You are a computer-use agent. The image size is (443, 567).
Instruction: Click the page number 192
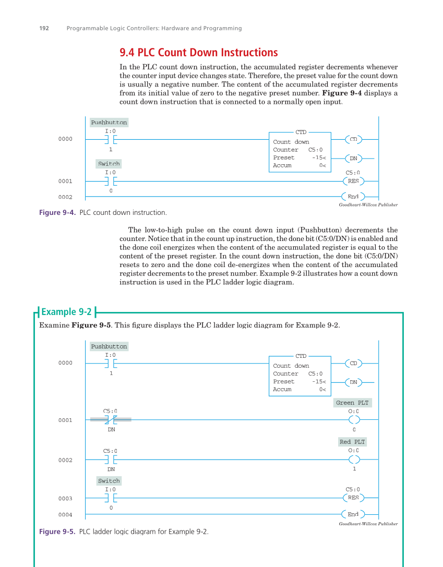point(44,28)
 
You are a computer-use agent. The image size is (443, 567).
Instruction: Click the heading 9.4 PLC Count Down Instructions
point(198,53)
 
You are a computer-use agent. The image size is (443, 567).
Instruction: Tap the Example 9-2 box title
point(66,312)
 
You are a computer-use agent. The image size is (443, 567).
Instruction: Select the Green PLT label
point(352,403)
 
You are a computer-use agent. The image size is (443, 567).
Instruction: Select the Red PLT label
point(352,442)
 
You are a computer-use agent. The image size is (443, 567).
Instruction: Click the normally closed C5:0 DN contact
point(111,419)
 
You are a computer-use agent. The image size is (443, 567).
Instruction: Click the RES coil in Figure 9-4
point(353,181)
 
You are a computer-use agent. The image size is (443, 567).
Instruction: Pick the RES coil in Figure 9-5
point(353,498)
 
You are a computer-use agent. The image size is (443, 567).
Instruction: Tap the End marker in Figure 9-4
point(353,197)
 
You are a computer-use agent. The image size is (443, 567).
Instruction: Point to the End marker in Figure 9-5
point(353,514)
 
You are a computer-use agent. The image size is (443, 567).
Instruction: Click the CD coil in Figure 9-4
point(353,139)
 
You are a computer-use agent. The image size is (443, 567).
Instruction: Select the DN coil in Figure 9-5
point(353,382)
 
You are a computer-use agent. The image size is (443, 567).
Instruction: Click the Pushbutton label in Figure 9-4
point(109,123)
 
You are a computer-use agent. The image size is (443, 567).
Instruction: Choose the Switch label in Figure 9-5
point(109,481)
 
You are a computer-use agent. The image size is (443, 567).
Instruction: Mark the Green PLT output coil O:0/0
point(354,420)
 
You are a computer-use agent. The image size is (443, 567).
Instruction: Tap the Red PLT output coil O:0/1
point(354,460)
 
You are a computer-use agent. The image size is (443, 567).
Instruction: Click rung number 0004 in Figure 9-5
point(65,515)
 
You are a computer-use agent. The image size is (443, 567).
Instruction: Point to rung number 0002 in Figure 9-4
point(65,197)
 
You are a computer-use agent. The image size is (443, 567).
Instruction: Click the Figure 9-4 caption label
point(58,213)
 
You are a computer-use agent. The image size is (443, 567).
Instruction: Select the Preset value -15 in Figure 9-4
point(318,158)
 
